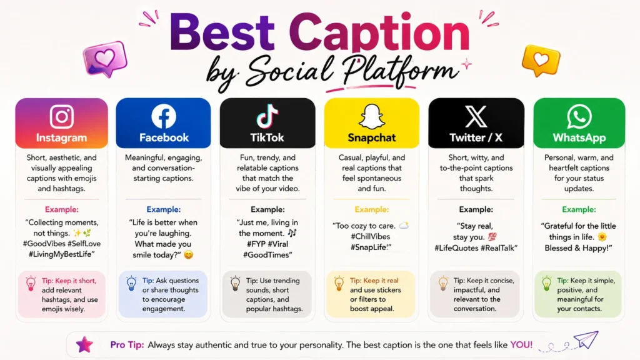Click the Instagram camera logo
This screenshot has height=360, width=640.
click(62, 116)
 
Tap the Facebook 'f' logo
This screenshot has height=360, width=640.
click(164, 116)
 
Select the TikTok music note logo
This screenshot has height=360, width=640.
click(267, 116)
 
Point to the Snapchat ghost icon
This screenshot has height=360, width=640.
click(371, 117)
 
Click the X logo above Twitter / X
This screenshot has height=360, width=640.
click(476, 116)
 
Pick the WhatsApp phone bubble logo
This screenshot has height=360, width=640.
click(579, 117)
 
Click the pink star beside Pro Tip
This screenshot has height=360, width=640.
click(84, 344)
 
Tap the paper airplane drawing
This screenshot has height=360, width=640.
click(586, 339)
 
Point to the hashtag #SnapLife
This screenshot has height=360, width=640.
click(371, 247)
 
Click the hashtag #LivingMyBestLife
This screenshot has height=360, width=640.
click(61, 254)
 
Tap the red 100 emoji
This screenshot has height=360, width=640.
click(492, 237)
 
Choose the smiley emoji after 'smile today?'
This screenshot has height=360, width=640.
click(188, 255)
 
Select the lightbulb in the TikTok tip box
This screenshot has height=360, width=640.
click(235, 283)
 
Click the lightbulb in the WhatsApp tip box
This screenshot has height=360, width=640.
click(546, 283)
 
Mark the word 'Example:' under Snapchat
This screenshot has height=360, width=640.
click(371, 209)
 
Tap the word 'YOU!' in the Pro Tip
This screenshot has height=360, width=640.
click(521, 345)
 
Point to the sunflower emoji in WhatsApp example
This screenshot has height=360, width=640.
click(602, 237)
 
